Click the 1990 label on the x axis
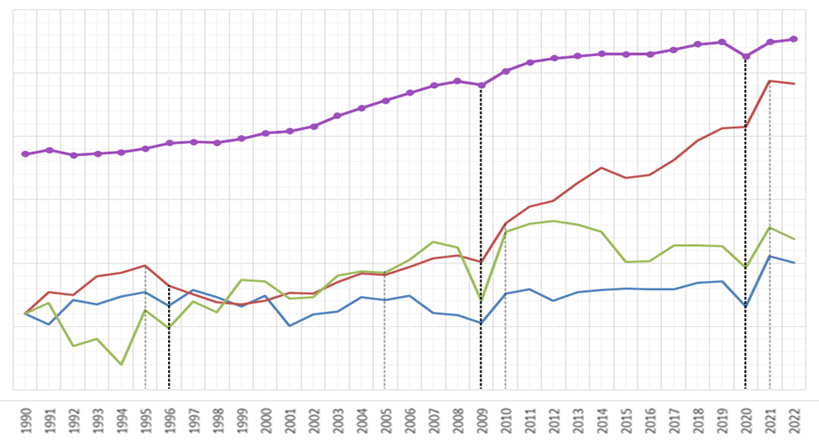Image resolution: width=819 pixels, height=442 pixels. pyautogui.click(x=25, y=418)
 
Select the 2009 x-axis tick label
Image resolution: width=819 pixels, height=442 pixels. pyautogui.click(x=481, y=418)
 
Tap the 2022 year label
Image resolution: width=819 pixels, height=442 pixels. pyautogui.click(x=794, y=418)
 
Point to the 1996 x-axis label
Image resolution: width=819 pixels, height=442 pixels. pyautogui.click(x=169, y=418)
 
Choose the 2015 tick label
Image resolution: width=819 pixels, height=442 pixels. pyautogui.click(x=626, y=418)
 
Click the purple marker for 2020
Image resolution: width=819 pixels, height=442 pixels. pyautogui.click(x=746, y=56)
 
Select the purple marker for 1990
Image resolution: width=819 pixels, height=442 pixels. pyautogui.click(x=25, y=154)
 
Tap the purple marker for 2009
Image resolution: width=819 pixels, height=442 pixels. pyautogui.click(x=481, y=85)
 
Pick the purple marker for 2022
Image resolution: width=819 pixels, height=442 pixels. pyautogui.click(x=794, y=39)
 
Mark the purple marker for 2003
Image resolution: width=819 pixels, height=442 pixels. pyautogui.click(x=338, y=116)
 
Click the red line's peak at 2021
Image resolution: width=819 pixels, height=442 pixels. pyautogui.click(x=770, y=81)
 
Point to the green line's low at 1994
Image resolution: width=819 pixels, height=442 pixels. pyautogui.click(x=122, y=365)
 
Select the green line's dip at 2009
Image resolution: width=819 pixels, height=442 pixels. pyautogui.click(x=481, y=300)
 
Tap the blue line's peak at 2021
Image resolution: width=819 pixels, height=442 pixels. pyautogui.click(x=770, y=257)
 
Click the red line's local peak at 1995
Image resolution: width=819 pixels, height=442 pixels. pyautogui.click(x=145, y=266)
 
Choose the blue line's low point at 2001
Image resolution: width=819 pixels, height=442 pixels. pyautogui.click(x=290, y=325)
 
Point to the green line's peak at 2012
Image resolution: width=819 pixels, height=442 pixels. pyautogui.click(x=554, y=221)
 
